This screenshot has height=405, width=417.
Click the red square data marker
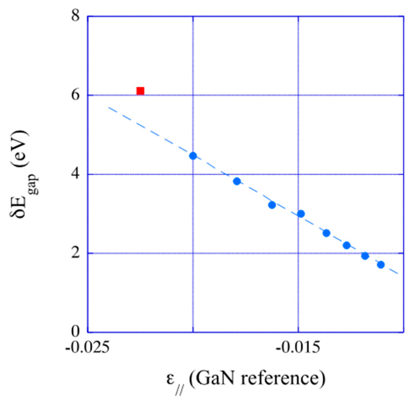[140, 91]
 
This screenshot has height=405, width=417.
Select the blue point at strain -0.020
[193, 156]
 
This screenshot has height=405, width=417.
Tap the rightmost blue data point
[381, 264]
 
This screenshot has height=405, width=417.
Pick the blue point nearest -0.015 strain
[301, 214]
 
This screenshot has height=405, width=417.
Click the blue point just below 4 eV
[237, 181]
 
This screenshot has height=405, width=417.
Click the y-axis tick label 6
[76, 95]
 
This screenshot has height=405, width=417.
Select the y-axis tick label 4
[76, 174]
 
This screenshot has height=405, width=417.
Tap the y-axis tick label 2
[76, 253]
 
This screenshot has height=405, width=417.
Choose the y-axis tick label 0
[76, 332]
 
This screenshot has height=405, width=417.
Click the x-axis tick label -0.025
[87, 348]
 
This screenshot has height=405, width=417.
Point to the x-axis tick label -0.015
[298, 348]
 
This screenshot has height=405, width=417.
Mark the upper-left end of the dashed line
[109, 107]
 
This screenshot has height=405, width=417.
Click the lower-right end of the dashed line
[397, 273]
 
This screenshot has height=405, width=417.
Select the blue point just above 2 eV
[347, 245]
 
